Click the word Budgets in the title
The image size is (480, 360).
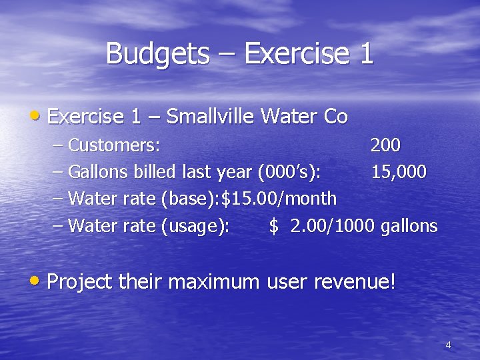coord(157,53)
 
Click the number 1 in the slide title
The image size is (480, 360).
coord(366,53)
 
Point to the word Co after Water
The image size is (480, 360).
coord(335,117)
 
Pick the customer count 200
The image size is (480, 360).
coord(385,145)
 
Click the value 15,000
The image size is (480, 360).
coord(399,172)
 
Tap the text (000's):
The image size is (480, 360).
coord(289,172)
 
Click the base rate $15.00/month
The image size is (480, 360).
coord(279,199)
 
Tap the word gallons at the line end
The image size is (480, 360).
coord(409,226)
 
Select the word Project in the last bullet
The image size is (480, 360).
coord(80,281)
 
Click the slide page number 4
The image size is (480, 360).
coord(448,345)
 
